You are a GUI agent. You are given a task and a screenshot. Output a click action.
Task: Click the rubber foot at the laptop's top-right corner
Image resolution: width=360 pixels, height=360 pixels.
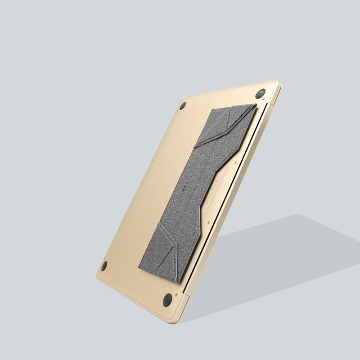pyautogui.click(x=260, y=94)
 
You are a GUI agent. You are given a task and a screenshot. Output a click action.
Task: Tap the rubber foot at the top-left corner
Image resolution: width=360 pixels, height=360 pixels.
pyautogui.click(x=183, y=106)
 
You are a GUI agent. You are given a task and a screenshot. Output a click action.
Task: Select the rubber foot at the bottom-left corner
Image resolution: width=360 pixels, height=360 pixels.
pyautogui.click(x=104, y=265)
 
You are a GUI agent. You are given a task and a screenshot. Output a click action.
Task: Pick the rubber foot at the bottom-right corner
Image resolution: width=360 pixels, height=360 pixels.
pyautogui.click(x=168, y=300)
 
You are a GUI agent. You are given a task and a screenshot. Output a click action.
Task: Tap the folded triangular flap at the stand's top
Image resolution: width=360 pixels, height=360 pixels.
pyautogui.click(x=225, y=124)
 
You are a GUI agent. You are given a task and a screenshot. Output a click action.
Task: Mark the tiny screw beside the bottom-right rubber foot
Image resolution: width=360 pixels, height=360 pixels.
pyautogui.click(x=176, y=295)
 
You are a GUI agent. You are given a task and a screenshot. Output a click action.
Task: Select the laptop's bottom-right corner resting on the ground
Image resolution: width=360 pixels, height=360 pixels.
pyautogui.click(x=175, y=320)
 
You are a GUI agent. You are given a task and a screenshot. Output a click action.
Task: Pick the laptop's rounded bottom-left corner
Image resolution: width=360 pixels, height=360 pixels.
pyautogui.click(x=98, y=275)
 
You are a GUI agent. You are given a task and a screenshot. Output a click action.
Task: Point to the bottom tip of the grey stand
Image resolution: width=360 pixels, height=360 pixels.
pyautogui.click(x=178, y=282)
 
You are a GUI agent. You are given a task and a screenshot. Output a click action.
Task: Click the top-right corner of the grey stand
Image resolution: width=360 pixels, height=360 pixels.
pyautogui.click(x=256, y=105)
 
